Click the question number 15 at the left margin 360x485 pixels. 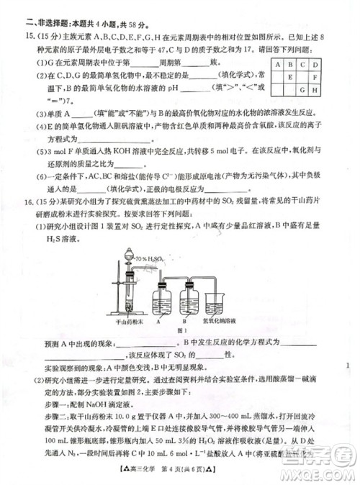30,35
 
